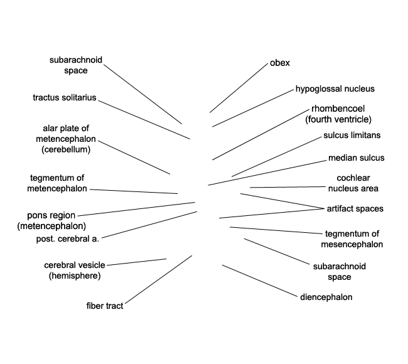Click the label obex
(280, 63)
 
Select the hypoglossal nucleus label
(335, 89)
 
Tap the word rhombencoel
(338, 109)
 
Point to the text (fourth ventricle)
(338, 119)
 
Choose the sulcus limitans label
(352, 136)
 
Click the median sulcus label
(357, 158)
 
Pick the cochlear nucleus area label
(353, 183)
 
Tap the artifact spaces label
(355, 208)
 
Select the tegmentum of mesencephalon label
(352, 239)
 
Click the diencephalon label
(326, 297)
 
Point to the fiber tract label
(105, 306)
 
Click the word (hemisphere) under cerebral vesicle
(75, 276)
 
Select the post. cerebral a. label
(68, 239)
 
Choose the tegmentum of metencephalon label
(57, 183)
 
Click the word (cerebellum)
(66, 149)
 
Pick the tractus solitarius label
(65, 97)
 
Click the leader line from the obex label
(239, 88)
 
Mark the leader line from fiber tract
(158, 280)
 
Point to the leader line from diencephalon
(259, 281)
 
